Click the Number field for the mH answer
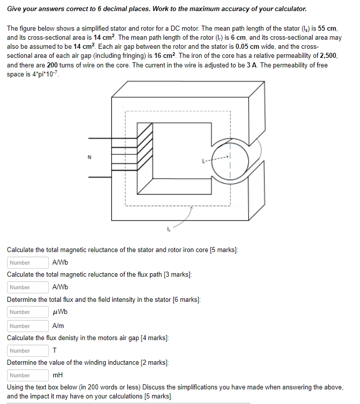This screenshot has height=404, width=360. [28, 375]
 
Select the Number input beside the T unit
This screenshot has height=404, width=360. [28, 351]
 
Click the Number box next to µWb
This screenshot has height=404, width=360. [28, 312]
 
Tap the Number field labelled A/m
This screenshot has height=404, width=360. [28, 326]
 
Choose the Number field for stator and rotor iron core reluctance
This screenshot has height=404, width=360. [28, 263]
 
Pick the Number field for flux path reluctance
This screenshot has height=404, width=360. [28, 287]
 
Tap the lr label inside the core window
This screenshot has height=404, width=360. [202, 161]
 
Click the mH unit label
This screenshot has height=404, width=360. [57, 375]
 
